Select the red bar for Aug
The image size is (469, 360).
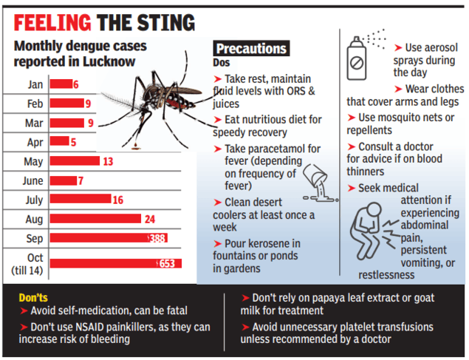point(95,218)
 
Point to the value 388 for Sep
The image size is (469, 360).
point(157,238)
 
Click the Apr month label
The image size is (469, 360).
point(35,141)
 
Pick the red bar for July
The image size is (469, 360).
point(80,199)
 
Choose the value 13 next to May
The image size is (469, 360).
point(109,161)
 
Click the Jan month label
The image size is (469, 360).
point(35,84)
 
